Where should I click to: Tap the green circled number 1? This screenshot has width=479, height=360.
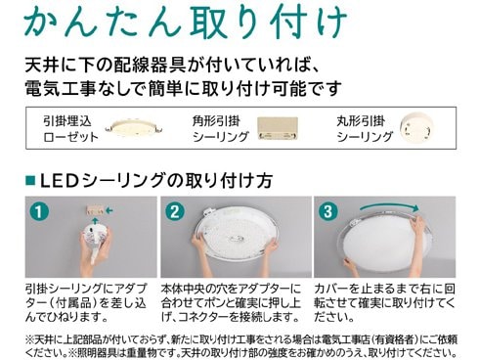point(37,211)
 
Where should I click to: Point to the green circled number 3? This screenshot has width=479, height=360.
point(328,210)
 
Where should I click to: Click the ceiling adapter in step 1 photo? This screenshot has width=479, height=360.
point(96,210)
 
